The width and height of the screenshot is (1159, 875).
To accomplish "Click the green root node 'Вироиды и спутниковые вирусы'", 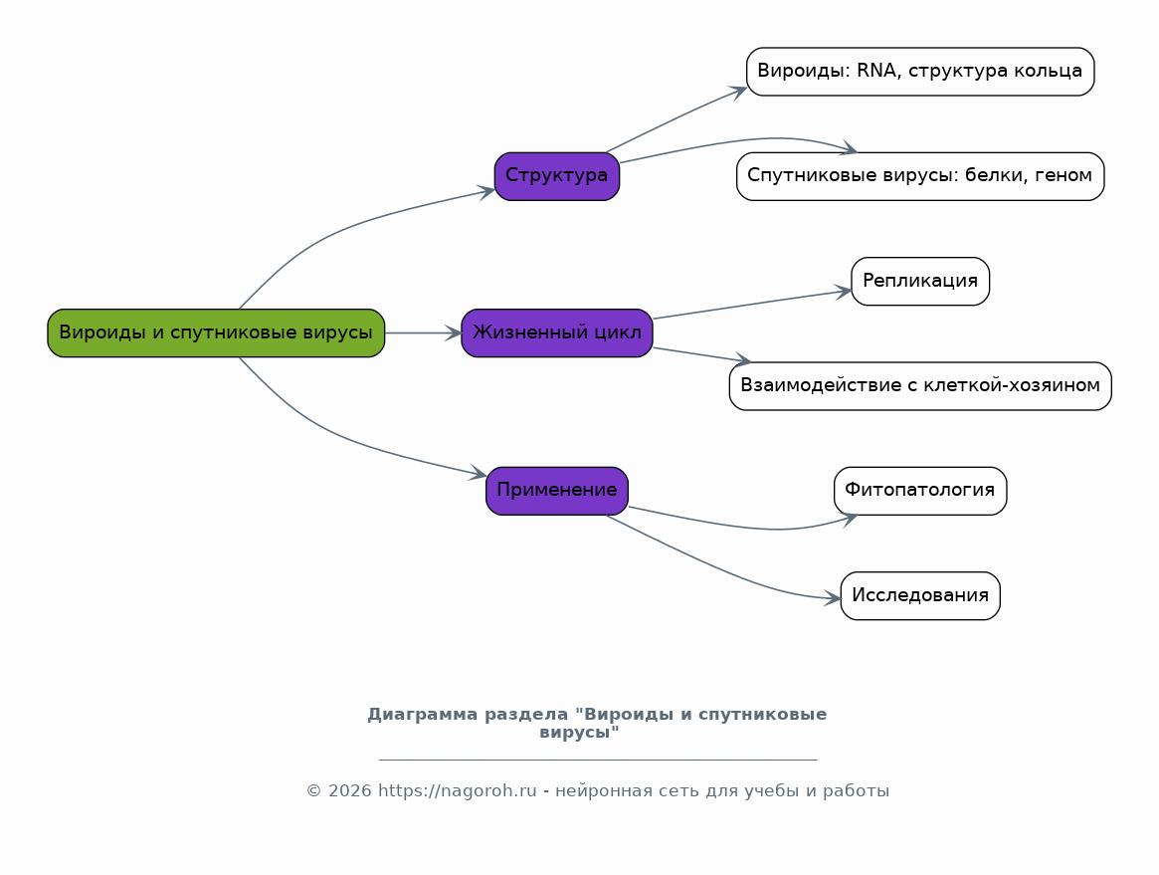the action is [216, 332].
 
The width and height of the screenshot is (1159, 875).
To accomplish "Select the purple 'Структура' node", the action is [556, 176].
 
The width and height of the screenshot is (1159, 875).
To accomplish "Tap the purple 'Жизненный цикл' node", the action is [556, 332].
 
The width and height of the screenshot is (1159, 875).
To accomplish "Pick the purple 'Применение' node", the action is [556, 491].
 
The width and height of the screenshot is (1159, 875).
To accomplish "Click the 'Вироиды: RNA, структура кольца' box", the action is [920, 72].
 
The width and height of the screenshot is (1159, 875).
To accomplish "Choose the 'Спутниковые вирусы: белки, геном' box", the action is [920, 176].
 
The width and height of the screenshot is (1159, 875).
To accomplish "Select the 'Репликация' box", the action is [920, 281].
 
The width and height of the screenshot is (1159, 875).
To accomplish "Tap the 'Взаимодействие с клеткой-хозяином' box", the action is [920, 386].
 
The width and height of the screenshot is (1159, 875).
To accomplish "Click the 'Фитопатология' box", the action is [920, 491].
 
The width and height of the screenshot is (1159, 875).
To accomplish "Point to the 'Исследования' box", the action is [920, 595].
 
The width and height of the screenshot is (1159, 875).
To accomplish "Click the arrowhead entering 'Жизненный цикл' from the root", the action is [453, 332].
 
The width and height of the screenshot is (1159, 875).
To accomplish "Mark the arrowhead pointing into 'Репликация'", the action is [844, 292].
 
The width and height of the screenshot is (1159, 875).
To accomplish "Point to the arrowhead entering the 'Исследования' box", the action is [833, 598].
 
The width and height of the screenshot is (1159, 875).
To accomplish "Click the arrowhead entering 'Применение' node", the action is [479, 474].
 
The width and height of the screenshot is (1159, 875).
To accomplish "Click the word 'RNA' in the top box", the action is [875, 71].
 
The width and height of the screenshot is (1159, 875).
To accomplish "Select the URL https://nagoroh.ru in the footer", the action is [458, 790].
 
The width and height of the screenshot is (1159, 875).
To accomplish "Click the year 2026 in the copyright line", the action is [349, 790].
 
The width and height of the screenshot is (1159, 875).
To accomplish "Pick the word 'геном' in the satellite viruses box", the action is [1068, 176].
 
